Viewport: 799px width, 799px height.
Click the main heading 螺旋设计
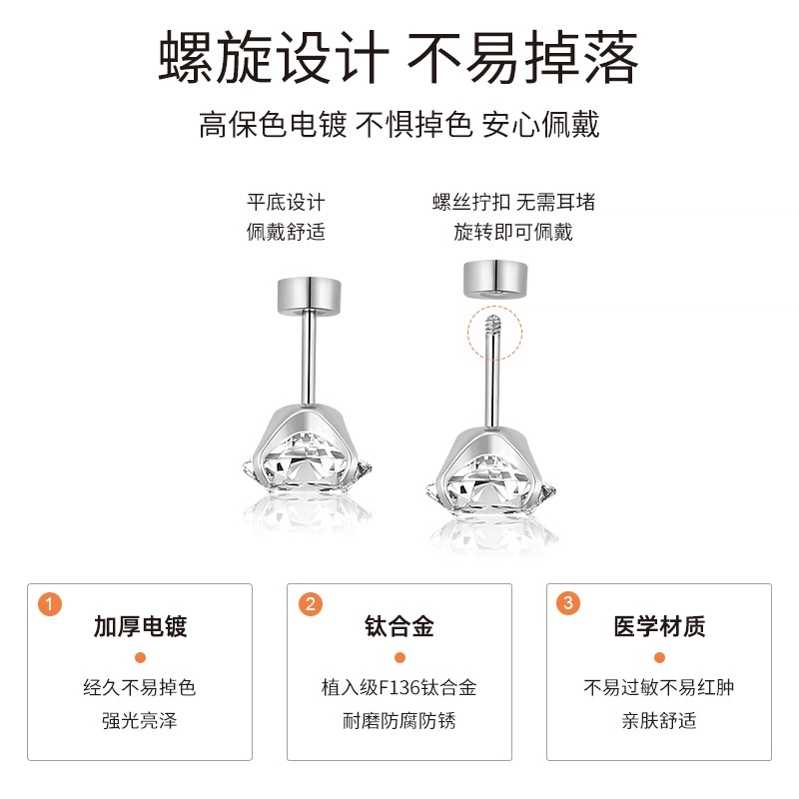[274, 57]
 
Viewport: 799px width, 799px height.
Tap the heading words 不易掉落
[522, 57]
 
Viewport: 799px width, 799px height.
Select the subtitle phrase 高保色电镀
[273, 124]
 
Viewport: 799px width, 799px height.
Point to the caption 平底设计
[286, 203]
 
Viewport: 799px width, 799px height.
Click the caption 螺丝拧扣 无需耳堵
[513, 203]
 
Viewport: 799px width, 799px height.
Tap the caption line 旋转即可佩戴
[513, 232]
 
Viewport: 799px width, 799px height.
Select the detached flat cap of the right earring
[495, 279]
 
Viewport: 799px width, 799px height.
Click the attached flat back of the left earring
[310, 296]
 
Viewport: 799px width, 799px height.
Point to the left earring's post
[309, 359]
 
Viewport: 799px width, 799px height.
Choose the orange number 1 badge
[50, 604]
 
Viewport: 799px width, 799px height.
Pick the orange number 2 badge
[311, 604]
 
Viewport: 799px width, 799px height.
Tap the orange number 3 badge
[568, 603]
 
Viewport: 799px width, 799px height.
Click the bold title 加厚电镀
[140, 626]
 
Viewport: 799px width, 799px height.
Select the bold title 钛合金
[399, 626]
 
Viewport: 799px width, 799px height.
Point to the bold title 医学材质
[659, 626]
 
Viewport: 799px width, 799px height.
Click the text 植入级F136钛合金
[399, 688]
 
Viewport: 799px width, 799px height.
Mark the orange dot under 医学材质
[659, 658]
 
